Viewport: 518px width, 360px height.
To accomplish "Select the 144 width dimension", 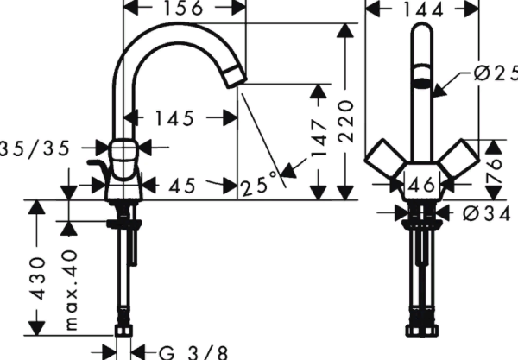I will click(x=423, y=9).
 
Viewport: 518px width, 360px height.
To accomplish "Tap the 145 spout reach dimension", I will click(x=176, y=117).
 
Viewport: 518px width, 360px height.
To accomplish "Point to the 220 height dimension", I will click(x=346, y=113).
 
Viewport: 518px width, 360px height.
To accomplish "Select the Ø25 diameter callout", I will click(x=490, y=76).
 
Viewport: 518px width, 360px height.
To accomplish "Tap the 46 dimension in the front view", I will click(x=422, y=183).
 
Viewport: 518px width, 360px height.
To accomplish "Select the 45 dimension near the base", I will click(x=182, y=185).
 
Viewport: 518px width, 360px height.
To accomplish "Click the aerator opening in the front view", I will click(x=422, y=82).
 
